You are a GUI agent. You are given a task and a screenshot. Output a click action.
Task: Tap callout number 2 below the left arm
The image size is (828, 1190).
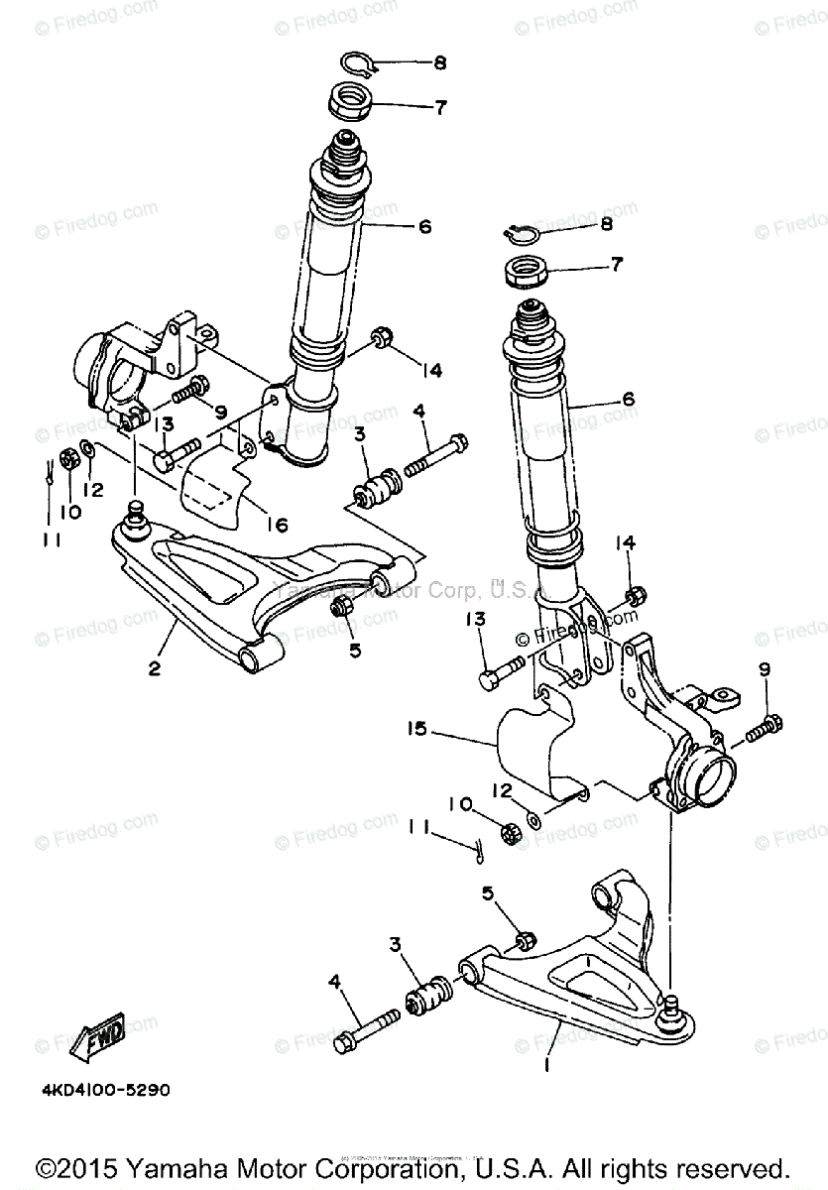(x=155, y=668)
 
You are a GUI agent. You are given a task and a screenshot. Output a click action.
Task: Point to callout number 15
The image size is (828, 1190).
(x=416, y=729)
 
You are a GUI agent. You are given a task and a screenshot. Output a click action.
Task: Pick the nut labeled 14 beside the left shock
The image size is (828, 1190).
(x=380, y=338)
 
